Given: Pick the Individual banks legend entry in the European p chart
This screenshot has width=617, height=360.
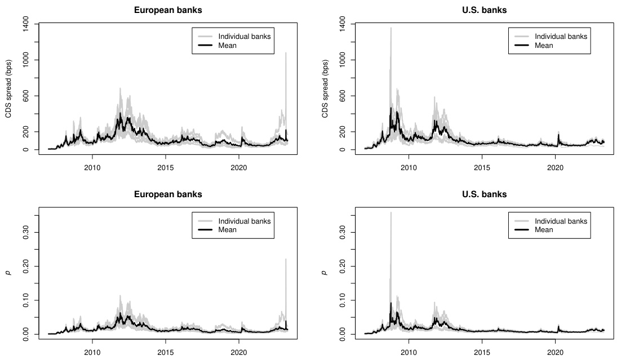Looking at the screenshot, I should click(244, 220).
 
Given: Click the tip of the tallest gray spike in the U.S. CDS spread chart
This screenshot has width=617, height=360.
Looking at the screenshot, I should click(390, 28).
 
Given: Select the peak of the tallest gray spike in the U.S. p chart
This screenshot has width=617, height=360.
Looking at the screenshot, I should click(390, 212).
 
